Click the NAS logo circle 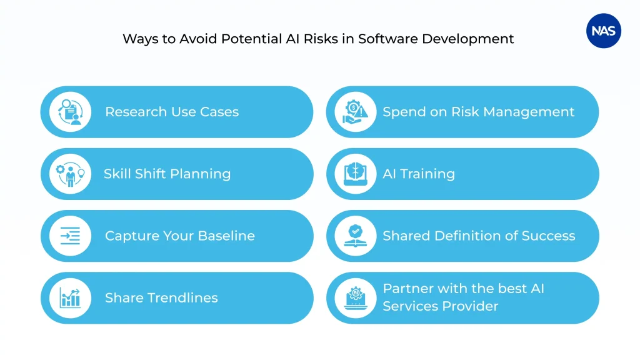pyautogui.click(x=604, y=31)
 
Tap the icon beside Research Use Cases pyautogui.click(x=70, y=112)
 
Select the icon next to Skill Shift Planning pyautogui.click(x=70, y=174)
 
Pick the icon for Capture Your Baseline pyautogui.click(x=70, y=236)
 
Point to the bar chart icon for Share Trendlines pyautogui.click(x=70, y=297)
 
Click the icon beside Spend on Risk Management pyautogui.click(x=356, y=112)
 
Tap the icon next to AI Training pyautogui.click(x=356, y=174)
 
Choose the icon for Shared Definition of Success pyautogui.click(x=356, y=236)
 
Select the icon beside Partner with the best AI pyautogui.click(x=356, y=297)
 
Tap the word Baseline pyautogui.click(x=226, y=236)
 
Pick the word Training pyautogui.click(x=429, y=174)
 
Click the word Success pyautogui.click(x=547, y=236)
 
